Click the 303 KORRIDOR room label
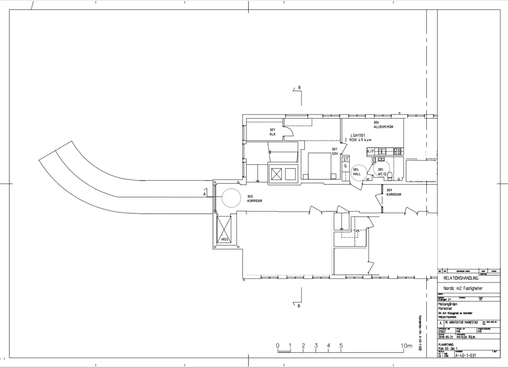[x=254, y=199]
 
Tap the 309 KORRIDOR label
[x=393, y=192]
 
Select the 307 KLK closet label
[x=272, y=132]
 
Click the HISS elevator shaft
[x=224, y=231]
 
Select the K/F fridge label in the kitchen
[x=370, y=151]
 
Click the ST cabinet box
[x=345, y=159]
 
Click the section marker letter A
[x=204, y=194]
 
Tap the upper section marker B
[x=299, y=88]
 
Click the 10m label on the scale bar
[x=406, y=346]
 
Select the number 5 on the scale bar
[x=341, y=346]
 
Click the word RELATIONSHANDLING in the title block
[x=461, y=279]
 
